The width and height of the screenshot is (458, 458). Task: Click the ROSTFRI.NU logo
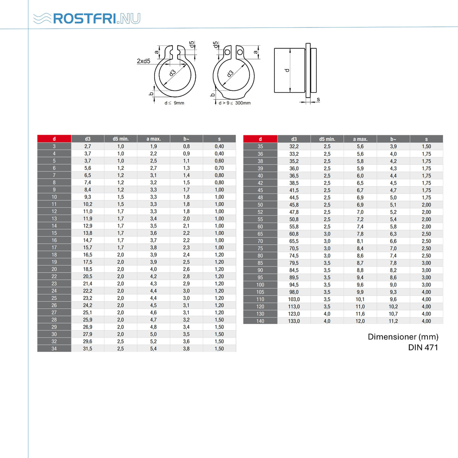87,19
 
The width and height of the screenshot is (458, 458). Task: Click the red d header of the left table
54,139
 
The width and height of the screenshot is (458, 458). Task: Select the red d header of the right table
260,139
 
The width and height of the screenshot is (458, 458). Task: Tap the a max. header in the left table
153,139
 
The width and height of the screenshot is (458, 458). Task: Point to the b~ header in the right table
393,139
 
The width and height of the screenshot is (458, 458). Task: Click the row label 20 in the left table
54,269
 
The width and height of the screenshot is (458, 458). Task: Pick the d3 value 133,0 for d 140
294,321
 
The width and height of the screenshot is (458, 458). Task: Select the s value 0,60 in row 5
219,161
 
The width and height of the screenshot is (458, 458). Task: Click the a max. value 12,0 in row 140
360,321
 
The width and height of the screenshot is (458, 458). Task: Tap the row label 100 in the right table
260,285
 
